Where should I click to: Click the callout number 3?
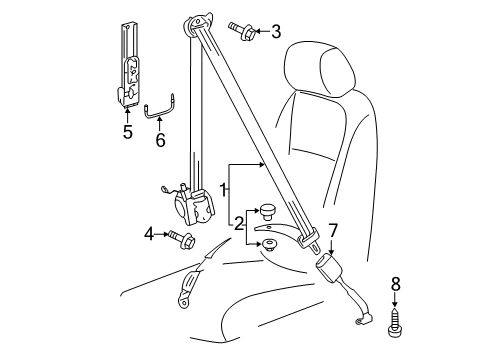[276, 32]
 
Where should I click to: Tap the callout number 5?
[128, 132]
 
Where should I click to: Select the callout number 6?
[160, 140]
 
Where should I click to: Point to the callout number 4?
[149, 234]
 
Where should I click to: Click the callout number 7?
[333, 230]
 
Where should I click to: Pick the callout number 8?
[395, 284]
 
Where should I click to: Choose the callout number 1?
[223, 190]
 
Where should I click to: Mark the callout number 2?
[239, 224]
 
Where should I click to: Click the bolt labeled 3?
[242, 32]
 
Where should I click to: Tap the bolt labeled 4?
[182, 239]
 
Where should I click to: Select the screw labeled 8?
[395, 322]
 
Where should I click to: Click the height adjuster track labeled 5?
[129, 65]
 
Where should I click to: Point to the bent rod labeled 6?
[160, 108]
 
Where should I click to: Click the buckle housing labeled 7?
[328, 266]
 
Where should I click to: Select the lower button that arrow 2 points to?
[269, 244]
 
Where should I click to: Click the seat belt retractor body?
[194, 205]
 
